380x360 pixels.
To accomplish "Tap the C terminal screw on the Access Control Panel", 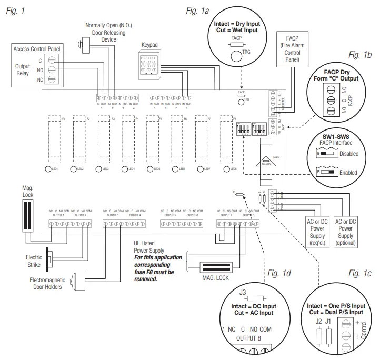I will click(x=52, y=59).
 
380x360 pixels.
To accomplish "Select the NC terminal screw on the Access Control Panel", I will click(x=52, y=79).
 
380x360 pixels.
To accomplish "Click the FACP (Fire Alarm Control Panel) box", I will click(x=292, y=48).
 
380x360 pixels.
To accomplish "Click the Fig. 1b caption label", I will click(x=361, y=55).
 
